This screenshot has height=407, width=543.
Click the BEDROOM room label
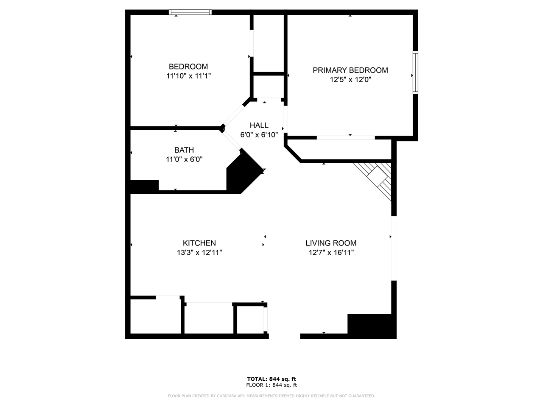[x=188, y=67]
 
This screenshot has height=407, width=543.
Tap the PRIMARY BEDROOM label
[x=350, y=70]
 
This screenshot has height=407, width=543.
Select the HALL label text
[x=259, y=125]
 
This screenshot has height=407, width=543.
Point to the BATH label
[x=184, y=150]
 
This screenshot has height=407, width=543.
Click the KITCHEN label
[x=199, y=243]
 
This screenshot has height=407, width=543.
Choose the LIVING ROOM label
[x=331, y=243]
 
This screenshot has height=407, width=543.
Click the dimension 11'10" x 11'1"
[x=188, y=76]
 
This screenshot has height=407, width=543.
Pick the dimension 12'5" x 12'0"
[x=350, y=80]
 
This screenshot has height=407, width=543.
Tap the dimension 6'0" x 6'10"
[x=259, y=135]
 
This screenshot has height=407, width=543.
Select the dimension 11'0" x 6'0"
[x=184, y=160]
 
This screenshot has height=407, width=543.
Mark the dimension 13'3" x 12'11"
[x=199, y=253]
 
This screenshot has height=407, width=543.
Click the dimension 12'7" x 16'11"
[x=331, y=253]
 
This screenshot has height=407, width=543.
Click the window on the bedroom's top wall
[x=190, y=12]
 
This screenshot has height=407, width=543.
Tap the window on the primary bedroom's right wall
[x=415, y=72]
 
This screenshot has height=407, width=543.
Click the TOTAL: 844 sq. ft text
[x=271, y=379]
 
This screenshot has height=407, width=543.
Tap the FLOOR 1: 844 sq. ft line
[x=271, y=385]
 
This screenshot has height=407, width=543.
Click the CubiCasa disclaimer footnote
[x=271, y=396]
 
